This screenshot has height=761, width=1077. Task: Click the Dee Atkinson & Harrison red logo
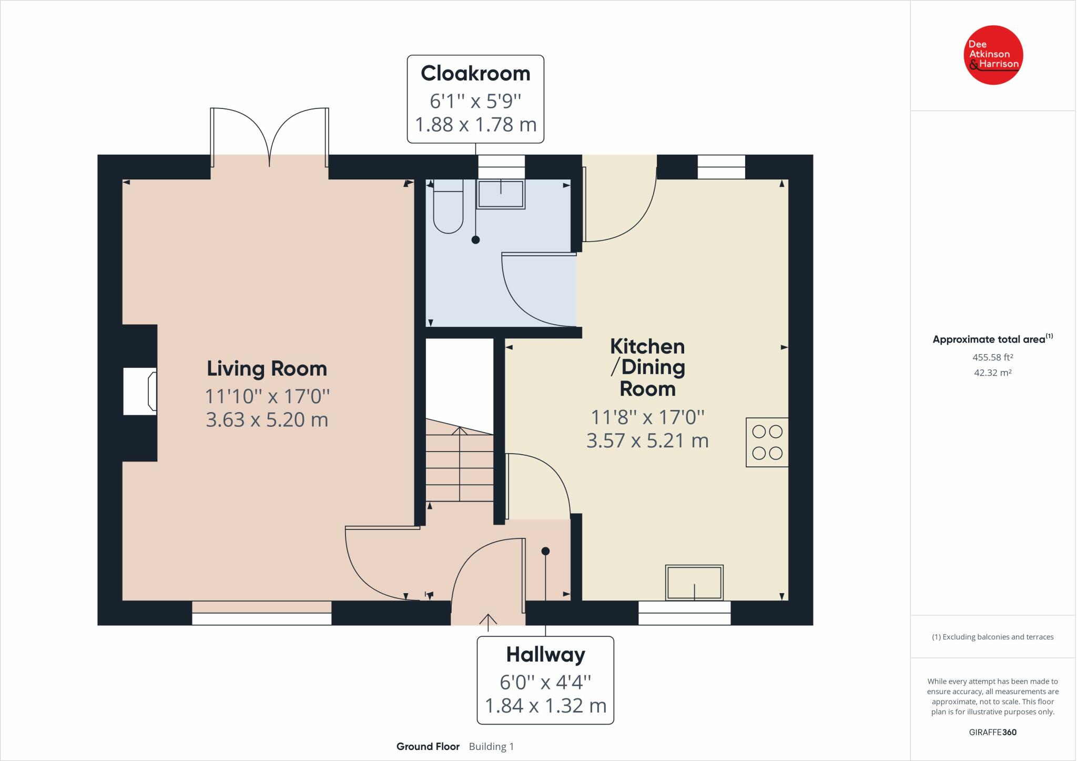(x=993, y=55)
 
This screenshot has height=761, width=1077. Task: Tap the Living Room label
(x=267, y=368)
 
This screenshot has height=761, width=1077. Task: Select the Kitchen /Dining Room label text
(x=647, y=367)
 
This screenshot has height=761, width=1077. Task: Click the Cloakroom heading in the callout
(x=475, y=73)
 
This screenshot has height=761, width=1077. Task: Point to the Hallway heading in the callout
(x=545, y=655)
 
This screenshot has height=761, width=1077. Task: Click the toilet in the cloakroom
(x=448, y=206)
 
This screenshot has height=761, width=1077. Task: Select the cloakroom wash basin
(x=500, y=194)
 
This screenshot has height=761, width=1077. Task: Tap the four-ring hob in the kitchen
(x=767, y=442)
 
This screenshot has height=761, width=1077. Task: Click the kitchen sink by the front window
(x=694, y=583)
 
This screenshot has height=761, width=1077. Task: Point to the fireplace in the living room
(x=140, y=392)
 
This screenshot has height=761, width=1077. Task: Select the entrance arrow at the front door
(x=488, y=622)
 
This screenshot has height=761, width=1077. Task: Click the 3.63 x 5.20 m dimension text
(x=267, y=419)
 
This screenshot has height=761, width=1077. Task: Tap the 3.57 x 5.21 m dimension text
(x=647, y=440)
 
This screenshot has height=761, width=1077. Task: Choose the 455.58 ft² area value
(x=993, y=357)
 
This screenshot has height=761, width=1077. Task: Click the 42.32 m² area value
(x=993, y=373)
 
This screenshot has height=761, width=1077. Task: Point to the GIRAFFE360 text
(x=993, y=732)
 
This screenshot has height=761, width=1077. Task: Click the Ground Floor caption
(x=428, y=746)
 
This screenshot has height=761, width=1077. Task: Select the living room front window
(x=262, y=613)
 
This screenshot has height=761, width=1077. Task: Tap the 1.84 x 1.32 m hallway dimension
(x=545, y=705)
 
